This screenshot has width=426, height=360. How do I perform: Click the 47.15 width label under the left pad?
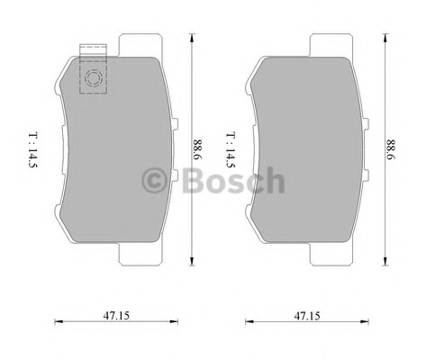coord(116,315)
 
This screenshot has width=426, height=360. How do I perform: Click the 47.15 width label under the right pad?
coord(307,316)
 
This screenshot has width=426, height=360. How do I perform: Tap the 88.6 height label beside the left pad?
coord(198,149)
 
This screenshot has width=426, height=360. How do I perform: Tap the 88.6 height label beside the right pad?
coord(391,149)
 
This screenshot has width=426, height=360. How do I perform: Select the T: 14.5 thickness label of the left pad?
coord(33,149)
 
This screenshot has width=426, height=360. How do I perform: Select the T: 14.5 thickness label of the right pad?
coord(231,149)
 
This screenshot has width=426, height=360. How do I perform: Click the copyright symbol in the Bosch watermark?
coord(154,180)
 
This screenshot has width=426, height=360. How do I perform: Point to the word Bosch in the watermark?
coord(233,180)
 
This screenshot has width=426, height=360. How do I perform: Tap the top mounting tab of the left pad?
coord(140,45)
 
